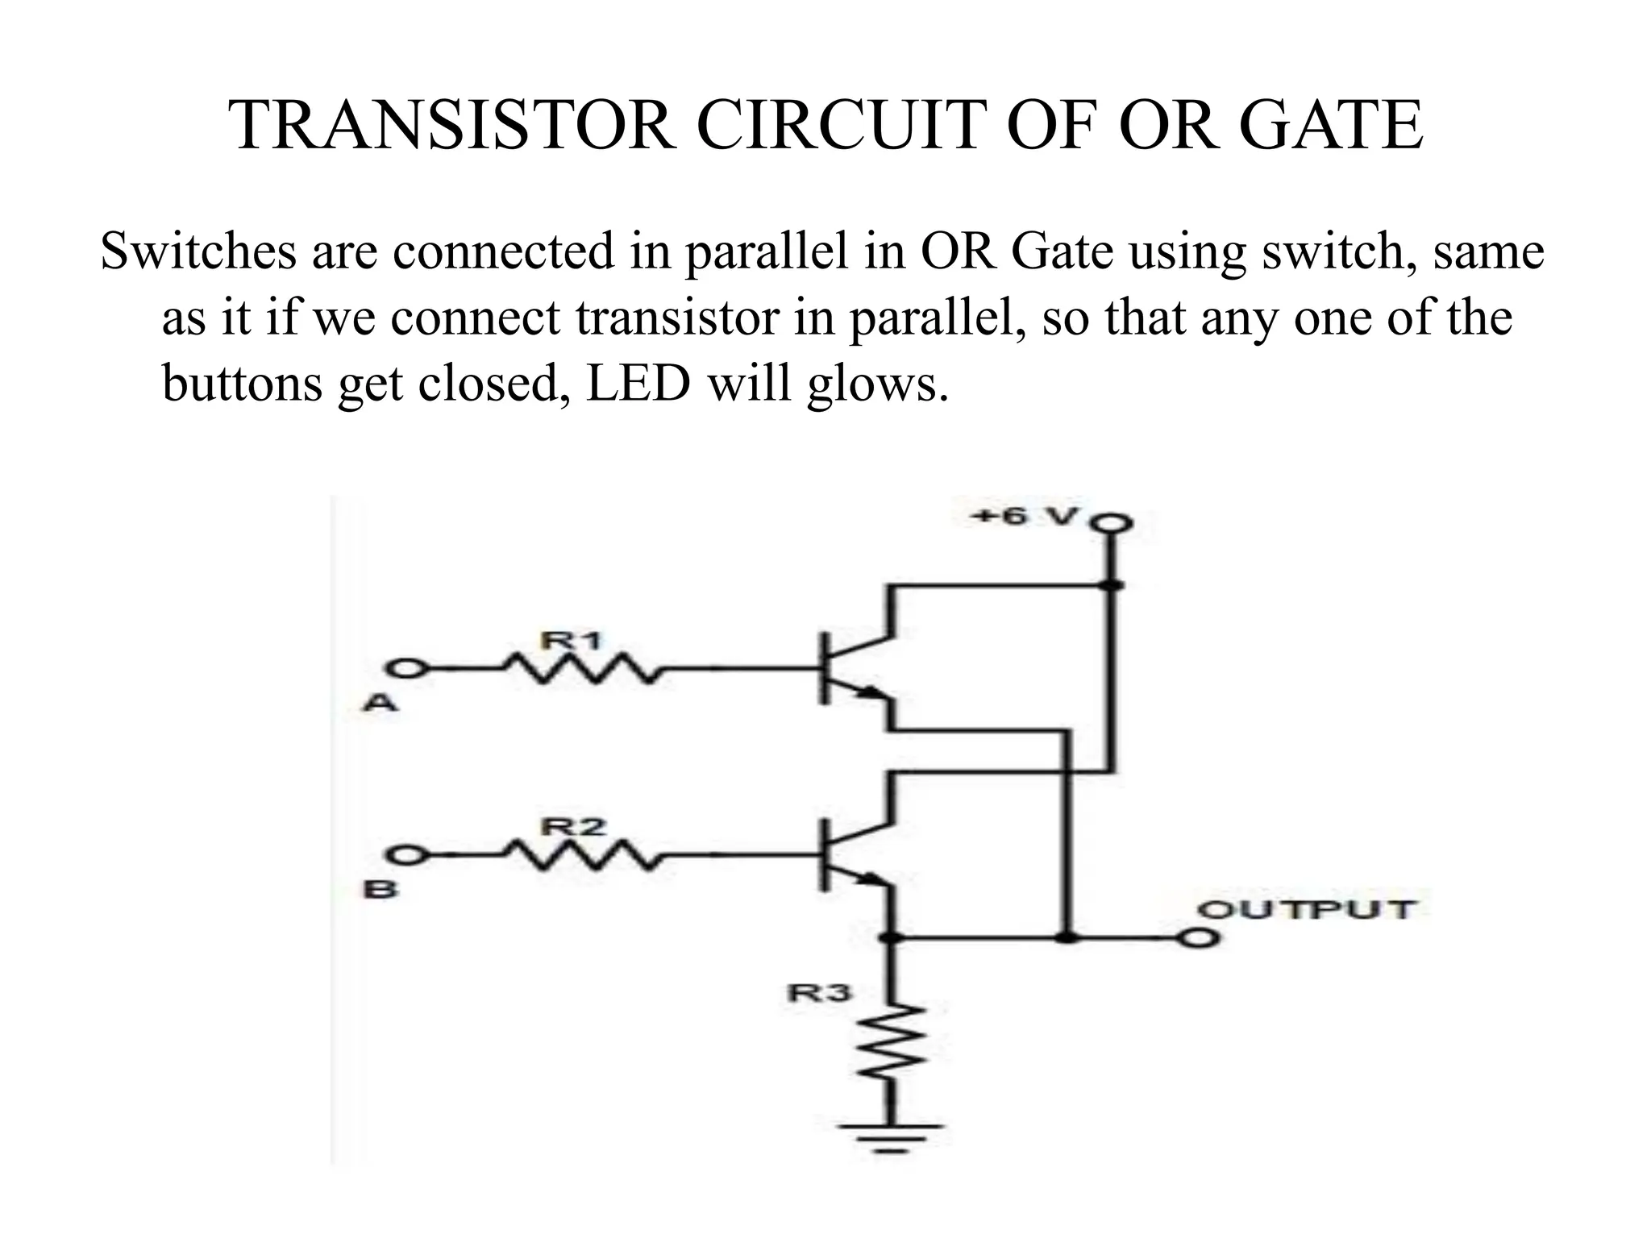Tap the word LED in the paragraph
pos(638,384)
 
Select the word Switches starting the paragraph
pos(198,251)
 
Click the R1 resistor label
pos(571,642)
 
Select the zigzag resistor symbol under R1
pos(580,667)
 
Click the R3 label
pos(818,993)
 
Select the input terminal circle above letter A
pos(405,668)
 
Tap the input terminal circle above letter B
pos(405,854)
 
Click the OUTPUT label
pos(1306,910)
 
